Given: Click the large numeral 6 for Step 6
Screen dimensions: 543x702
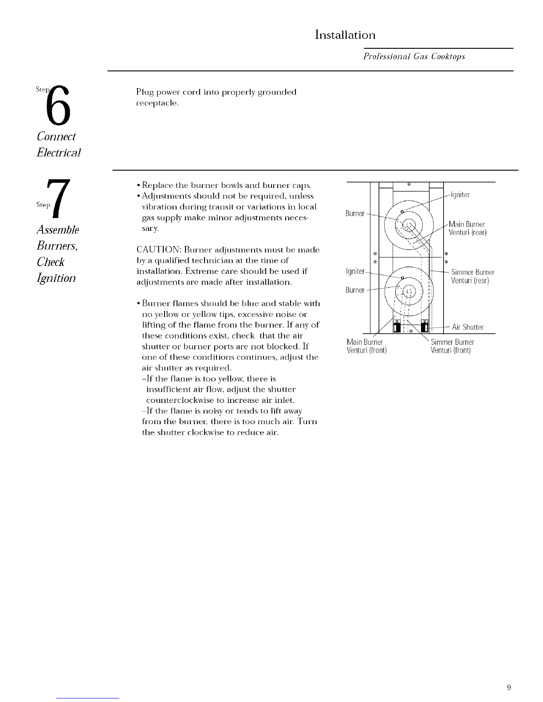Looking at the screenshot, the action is (x=58, y=105).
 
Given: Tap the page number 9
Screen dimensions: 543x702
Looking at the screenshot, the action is (x=509, y=687).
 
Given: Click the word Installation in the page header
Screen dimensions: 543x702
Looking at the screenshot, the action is (x=345, y=35).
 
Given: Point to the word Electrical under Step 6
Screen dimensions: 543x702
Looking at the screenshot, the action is (x=59, y=152).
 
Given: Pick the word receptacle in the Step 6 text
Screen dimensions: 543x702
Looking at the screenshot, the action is (x=157, y=103).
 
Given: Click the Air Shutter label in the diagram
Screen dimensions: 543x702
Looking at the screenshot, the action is (x=468, y=327).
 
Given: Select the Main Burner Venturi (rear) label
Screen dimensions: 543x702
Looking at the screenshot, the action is (x=467, y=228).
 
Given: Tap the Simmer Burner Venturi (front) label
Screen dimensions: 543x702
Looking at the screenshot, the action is (x=452, y=346).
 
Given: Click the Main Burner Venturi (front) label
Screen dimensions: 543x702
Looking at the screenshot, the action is (x=366, y=346).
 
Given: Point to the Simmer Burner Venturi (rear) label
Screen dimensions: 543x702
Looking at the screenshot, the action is (x=472, y=277).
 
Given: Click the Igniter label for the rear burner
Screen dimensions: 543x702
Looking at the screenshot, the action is (x=460, y=195).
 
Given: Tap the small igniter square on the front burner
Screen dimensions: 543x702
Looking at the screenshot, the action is (x=402, y=278).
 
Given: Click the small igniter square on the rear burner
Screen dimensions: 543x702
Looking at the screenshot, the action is (x=402, y=211).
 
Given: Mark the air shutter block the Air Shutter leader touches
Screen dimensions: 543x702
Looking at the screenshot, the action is (x=425, y=326).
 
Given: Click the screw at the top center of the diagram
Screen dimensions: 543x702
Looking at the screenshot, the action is (x=409, y=184).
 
